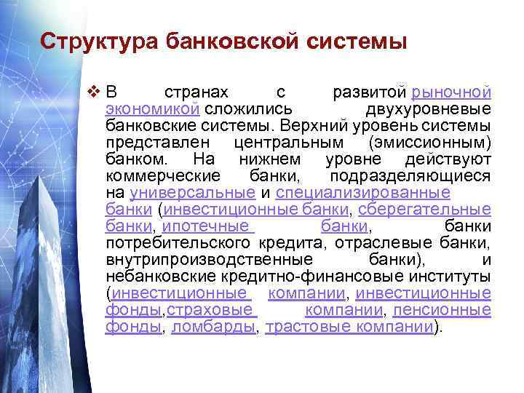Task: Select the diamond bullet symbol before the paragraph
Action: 92,93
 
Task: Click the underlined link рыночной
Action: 451,93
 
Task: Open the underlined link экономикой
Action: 152,109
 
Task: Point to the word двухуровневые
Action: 427,109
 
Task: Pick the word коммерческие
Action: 162,176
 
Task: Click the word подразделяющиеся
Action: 410,176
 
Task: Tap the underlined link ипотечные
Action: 207,227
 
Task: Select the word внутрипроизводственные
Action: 209,260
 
